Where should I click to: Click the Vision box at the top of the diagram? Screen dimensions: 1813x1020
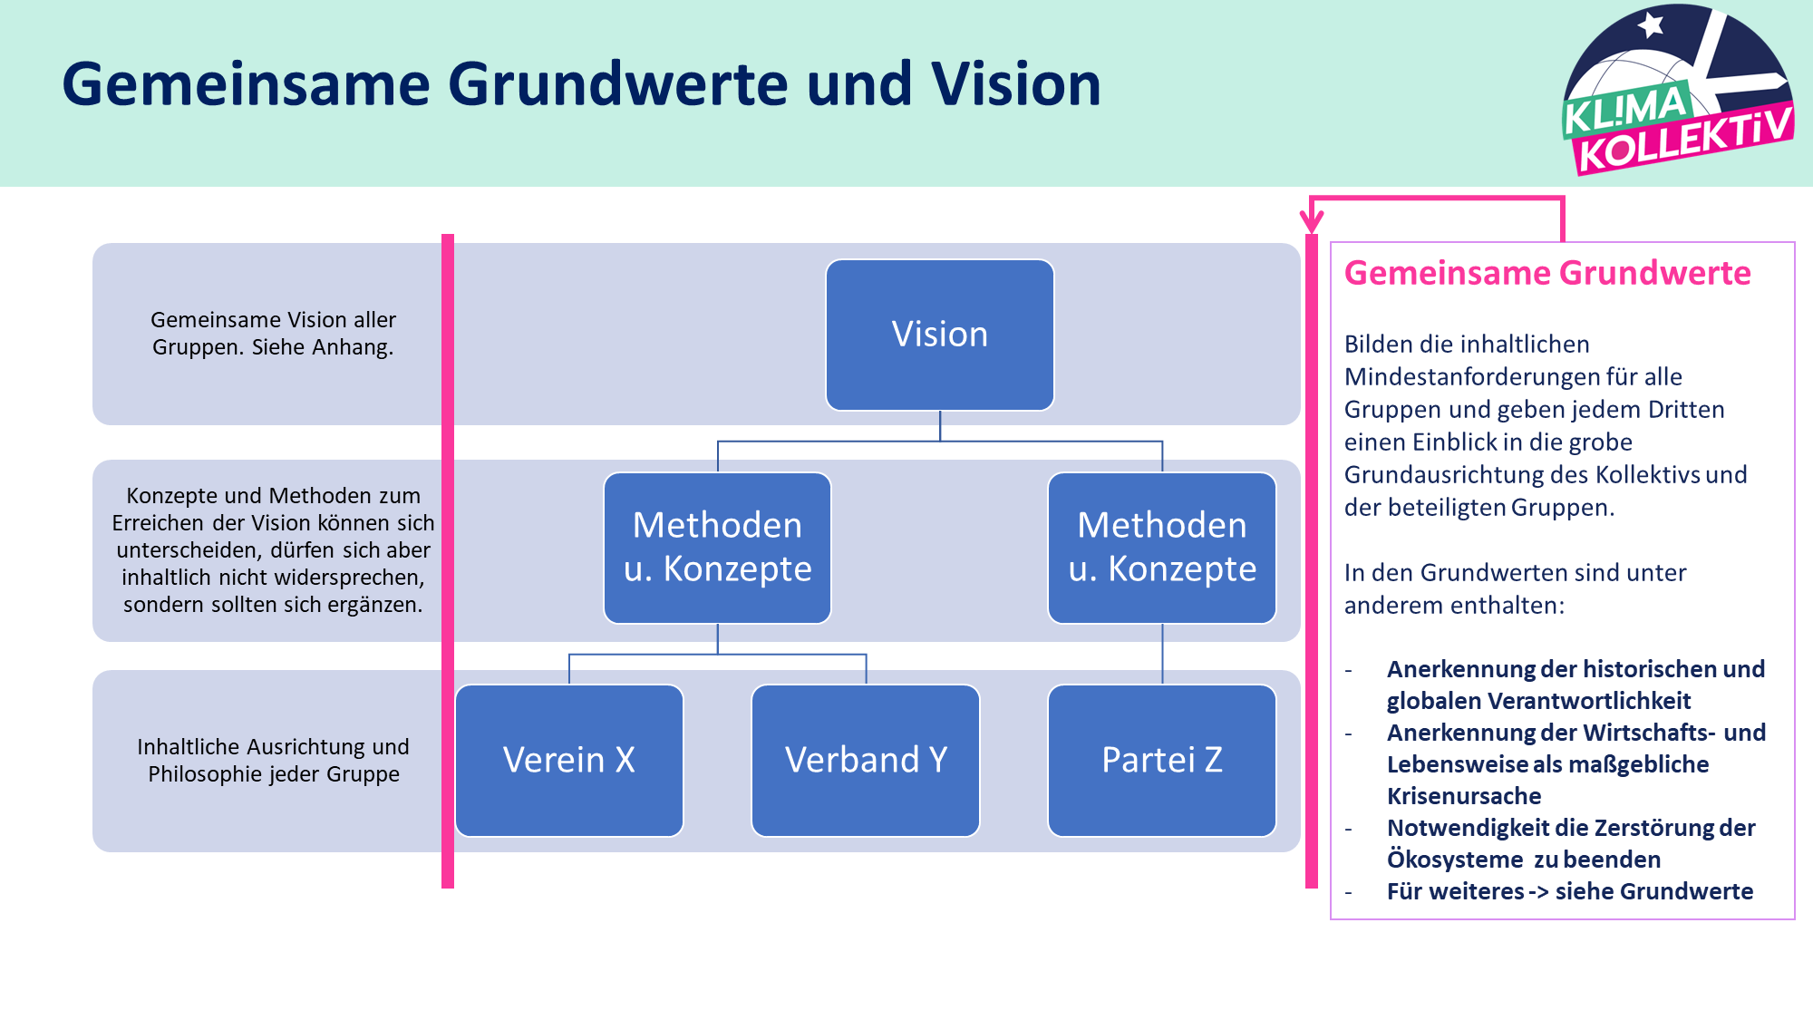click(x=940, y=335)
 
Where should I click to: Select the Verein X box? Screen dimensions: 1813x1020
click(x=569, y=760)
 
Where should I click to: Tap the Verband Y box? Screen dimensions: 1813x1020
click(x=866, y=760)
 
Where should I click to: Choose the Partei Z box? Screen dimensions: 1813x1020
click(x=1162, y=760)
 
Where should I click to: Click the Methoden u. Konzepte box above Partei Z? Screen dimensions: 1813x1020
click(x=1162, y=548)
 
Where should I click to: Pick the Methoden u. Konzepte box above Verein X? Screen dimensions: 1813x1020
click(x=717, y=548)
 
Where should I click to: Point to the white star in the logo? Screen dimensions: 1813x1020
click(x=1652, y=24)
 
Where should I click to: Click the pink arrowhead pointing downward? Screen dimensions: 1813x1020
click(x=1312, y=221)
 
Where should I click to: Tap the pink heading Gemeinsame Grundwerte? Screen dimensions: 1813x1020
click(x=1547, y=273)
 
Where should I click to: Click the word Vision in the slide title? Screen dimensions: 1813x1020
click(x=1015, y=84)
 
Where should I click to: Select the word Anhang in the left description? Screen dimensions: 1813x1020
click(x=357, y=347)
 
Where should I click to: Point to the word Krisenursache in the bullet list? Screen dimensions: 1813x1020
click(x=1464, y=796)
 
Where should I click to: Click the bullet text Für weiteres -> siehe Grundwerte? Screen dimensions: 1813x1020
click(x=1570, y=891)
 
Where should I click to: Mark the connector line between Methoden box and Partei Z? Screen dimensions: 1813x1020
click(x=1162, y=654)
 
